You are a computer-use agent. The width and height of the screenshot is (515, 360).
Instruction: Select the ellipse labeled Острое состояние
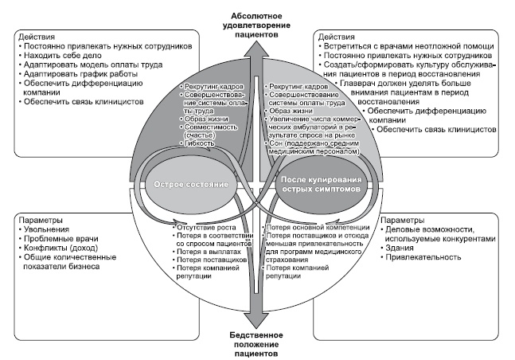[x=191, y=184]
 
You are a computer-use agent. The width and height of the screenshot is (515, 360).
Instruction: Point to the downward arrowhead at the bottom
[x=256, y=319]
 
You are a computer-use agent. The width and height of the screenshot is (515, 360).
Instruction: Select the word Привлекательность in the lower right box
[x=423, y=257]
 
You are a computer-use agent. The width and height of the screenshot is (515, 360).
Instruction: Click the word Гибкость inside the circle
[x=199, y=143]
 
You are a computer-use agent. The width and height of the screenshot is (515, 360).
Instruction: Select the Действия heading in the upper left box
[x=35, y=37]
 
